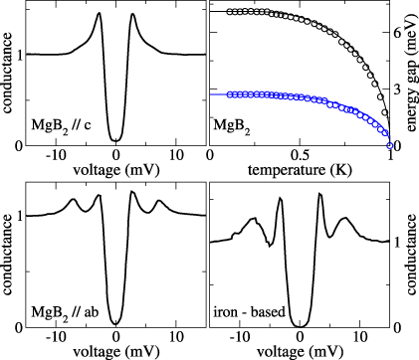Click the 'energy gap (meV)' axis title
pos(410,74)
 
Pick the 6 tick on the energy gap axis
pos(398,33)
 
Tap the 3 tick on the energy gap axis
pos(398,90)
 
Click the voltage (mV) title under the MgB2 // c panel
pos(116,170)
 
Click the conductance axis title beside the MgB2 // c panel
pos(8,74)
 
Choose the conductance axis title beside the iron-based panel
pos(410,255)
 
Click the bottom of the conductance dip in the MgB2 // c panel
pos(116,140)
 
